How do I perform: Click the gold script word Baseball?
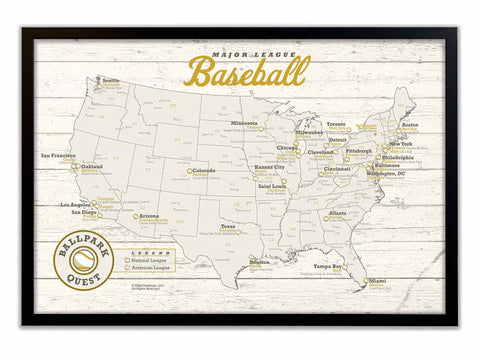(246, 71)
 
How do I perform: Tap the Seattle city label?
(110, 80)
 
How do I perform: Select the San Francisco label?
(59, 155)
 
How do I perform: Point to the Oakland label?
(91, 166)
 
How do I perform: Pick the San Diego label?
(83, 212)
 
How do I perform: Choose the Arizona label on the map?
(147, 215)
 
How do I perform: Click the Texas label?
(228, 226)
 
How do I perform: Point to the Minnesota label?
(245, 123)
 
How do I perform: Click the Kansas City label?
(268, 167)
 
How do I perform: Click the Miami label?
(377, 281)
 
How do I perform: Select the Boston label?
(409, 124)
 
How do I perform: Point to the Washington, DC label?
(385, 173)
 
